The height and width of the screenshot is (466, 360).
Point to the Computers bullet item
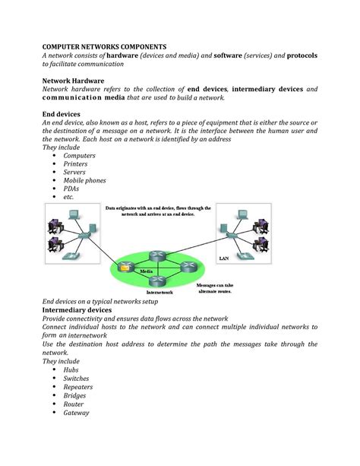[80, 156]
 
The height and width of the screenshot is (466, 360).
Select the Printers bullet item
[75, 164]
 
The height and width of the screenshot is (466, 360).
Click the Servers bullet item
[75, 173]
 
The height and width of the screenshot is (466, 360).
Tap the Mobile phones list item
[84, 181]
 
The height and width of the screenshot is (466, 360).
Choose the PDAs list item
[72, 189]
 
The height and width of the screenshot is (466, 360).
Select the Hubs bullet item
[71, 370]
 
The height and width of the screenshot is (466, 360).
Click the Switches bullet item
[76, 379]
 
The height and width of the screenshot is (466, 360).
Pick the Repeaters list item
[78, 387]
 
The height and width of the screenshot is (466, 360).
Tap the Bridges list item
[74, 396]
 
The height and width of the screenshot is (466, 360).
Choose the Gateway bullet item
[76, 414]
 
